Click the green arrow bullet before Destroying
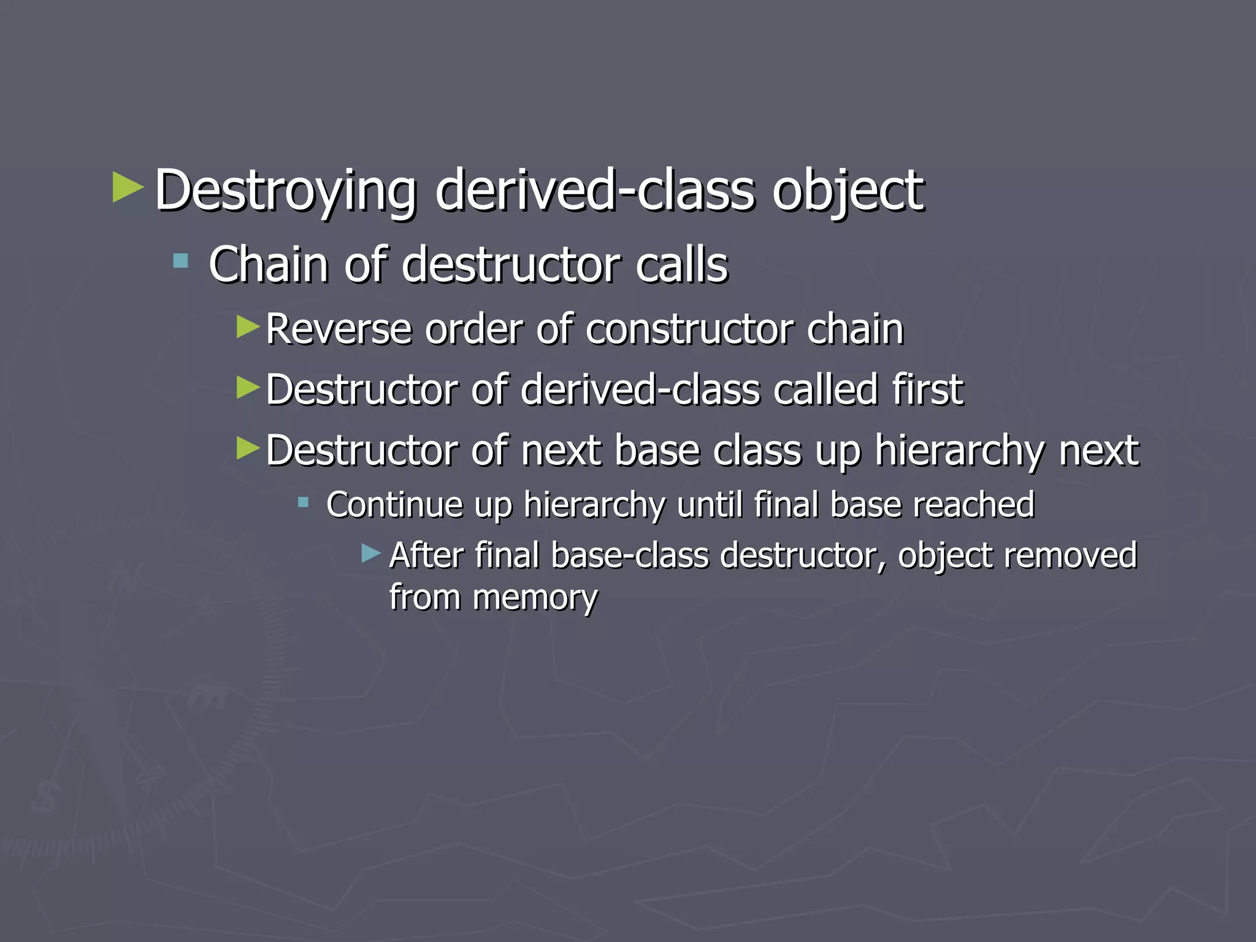(x=128, y=188)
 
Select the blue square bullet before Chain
(x=180, y=262)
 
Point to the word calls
(x=681, y=265)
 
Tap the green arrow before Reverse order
(x=248, y=326)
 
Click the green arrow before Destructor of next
(x=248, y=448)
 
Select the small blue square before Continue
(x=302, y=503)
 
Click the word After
(x=426, y=556)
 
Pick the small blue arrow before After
(x=370, y=554)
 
